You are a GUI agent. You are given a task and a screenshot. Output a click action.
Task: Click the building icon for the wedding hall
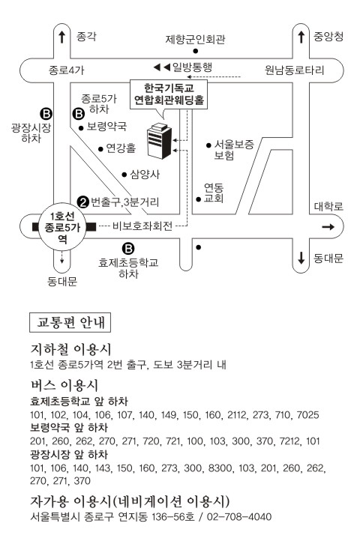[x=159, y=141]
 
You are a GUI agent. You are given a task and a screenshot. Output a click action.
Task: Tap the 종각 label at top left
[x=86, y=37]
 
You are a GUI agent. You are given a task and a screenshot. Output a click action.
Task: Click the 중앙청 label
[x=328, y=36]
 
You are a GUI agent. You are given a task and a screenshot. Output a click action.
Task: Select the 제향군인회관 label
[x=196, y=40]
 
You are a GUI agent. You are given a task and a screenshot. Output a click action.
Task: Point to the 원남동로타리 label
[x=295, y=70]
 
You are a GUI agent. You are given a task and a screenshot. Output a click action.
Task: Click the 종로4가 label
[x=66, y=70]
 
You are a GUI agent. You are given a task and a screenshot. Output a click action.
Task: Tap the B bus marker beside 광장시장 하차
[x=46, y=113]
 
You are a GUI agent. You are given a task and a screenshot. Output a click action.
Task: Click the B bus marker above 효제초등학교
[x=128, y=249]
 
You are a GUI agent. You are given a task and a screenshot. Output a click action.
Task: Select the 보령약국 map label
[x=106, y=127]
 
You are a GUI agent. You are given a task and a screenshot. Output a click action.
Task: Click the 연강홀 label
[x=121, y=148]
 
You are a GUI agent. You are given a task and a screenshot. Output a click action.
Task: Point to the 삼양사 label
[x=145, y=174]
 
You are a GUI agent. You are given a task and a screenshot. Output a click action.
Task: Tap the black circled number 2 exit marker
[x=83, y=202]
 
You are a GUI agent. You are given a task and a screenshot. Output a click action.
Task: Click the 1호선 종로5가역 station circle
[x=62, y=227]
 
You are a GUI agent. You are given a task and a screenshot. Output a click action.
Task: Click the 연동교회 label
[x=214, y=193]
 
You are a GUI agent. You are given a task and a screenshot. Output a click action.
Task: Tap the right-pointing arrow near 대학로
[x=328, y=227]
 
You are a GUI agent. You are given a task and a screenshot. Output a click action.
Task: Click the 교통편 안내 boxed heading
[x=70, y=323]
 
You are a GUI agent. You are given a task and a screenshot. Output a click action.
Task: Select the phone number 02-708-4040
[x=239, y=517]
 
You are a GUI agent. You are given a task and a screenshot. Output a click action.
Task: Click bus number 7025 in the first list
[x=307, y=415]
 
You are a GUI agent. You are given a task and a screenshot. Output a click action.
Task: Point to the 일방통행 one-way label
[x=192, y=67]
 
